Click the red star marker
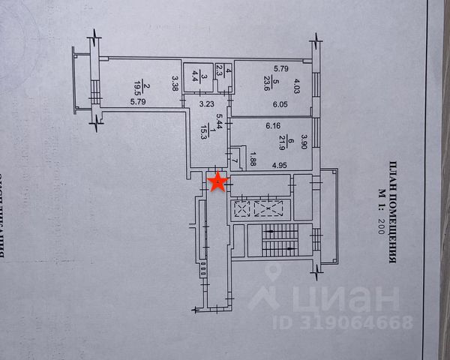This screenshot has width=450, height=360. pos(217,181)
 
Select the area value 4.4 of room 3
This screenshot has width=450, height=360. pos(195,75)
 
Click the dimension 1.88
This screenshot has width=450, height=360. pos(253,158)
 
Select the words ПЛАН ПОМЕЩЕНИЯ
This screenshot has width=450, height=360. pos(391,214)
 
